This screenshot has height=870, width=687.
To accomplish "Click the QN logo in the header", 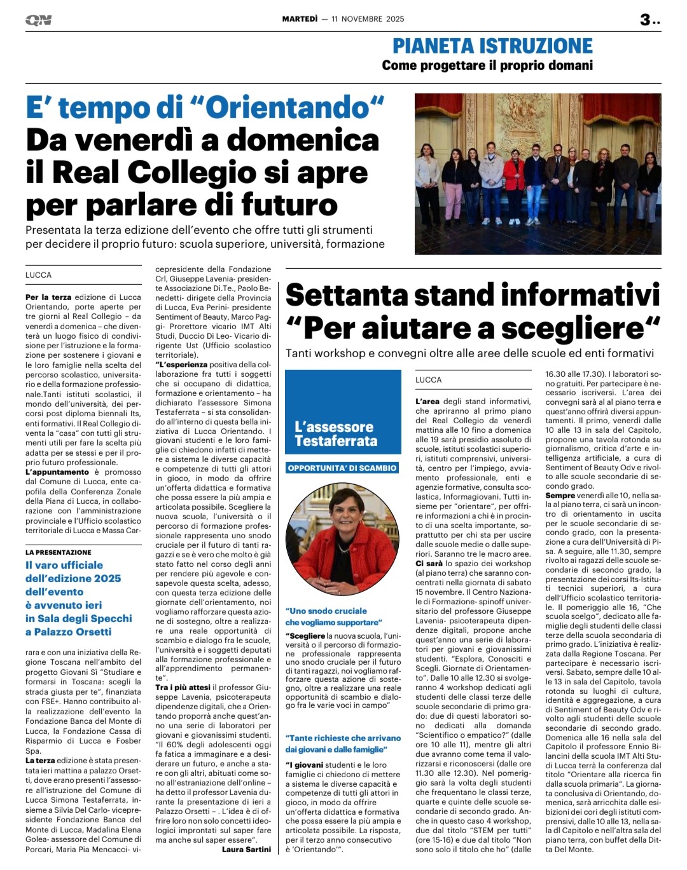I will click(38, 20).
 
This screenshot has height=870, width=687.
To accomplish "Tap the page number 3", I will click(646, 20).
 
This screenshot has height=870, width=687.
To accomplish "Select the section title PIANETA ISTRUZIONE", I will click(492, 46).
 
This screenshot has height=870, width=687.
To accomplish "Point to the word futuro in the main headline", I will click(290, 205).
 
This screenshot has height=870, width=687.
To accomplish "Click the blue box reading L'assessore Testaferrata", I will click(343, 433).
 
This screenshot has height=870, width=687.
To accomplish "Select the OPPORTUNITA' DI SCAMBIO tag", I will click(342, 468).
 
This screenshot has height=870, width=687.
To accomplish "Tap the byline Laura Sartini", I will click(246, 850).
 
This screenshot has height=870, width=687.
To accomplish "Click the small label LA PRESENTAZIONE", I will click(59, 552).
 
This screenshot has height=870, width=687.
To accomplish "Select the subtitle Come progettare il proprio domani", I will click(487, 65).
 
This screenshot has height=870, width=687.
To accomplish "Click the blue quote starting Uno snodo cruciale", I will click(327, 611).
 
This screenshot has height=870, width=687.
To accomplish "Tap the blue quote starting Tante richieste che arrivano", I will click(343, 738).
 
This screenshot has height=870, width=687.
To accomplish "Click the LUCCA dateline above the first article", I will click(39, 275).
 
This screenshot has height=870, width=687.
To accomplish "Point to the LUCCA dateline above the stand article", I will click(428, 379).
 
